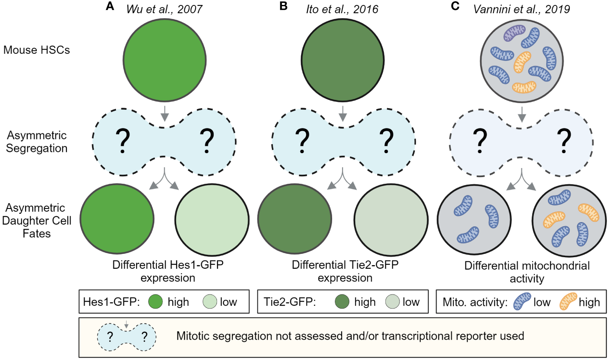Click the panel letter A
coord(110,6)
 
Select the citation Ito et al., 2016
coord(342,9)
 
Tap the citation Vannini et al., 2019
coord(521,9)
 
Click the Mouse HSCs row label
coord(36,50)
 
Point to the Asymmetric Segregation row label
coord(36,142)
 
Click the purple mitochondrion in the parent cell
coord(514,33)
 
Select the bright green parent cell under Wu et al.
coord(164,60)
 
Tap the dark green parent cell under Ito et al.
coord(342,60)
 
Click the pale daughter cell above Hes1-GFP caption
coord(212,220)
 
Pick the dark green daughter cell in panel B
coord(295,219)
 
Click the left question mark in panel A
coord(123,141)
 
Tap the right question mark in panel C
coord(564,141)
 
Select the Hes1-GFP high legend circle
coord(156,302)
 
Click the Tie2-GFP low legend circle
coord(392,302)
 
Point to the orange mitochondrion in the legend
coord(568,301)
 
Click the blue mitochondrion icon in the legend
coord(522,301)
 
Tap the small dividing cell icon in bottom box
coord(127,336)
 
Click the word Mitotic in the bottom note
coord(193,336)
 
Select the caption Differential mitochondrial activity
coord(527,272)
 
